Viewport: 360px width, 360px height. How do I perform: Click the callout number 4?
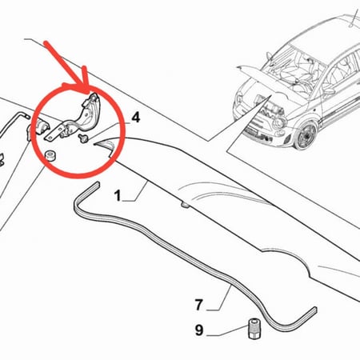(x=136, y=118)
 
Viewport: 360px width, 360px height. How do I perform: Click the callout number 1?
(x=118, y=196)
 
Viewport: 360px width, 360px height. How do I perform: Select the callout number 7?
(x=199, y=305)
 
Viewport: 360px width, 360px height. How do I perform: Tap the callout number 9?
(x=199, y=330)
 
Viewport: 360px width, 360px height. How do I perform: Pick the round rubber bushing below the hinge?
(x=50, y=155)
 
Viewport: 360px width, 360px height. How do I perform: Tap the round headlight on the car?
(x=279, y=123)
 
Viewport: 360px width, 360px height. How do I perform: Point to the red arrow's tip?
(x=88, y=94)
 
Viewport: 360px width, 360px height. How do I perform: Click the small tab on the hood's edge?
(x=185, y=205)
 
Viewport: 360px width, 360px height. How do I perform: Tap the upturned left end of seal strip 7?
(x=97, y=186)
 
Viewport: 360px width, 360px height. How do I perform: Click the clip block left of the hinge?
(x=41, y=126)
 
